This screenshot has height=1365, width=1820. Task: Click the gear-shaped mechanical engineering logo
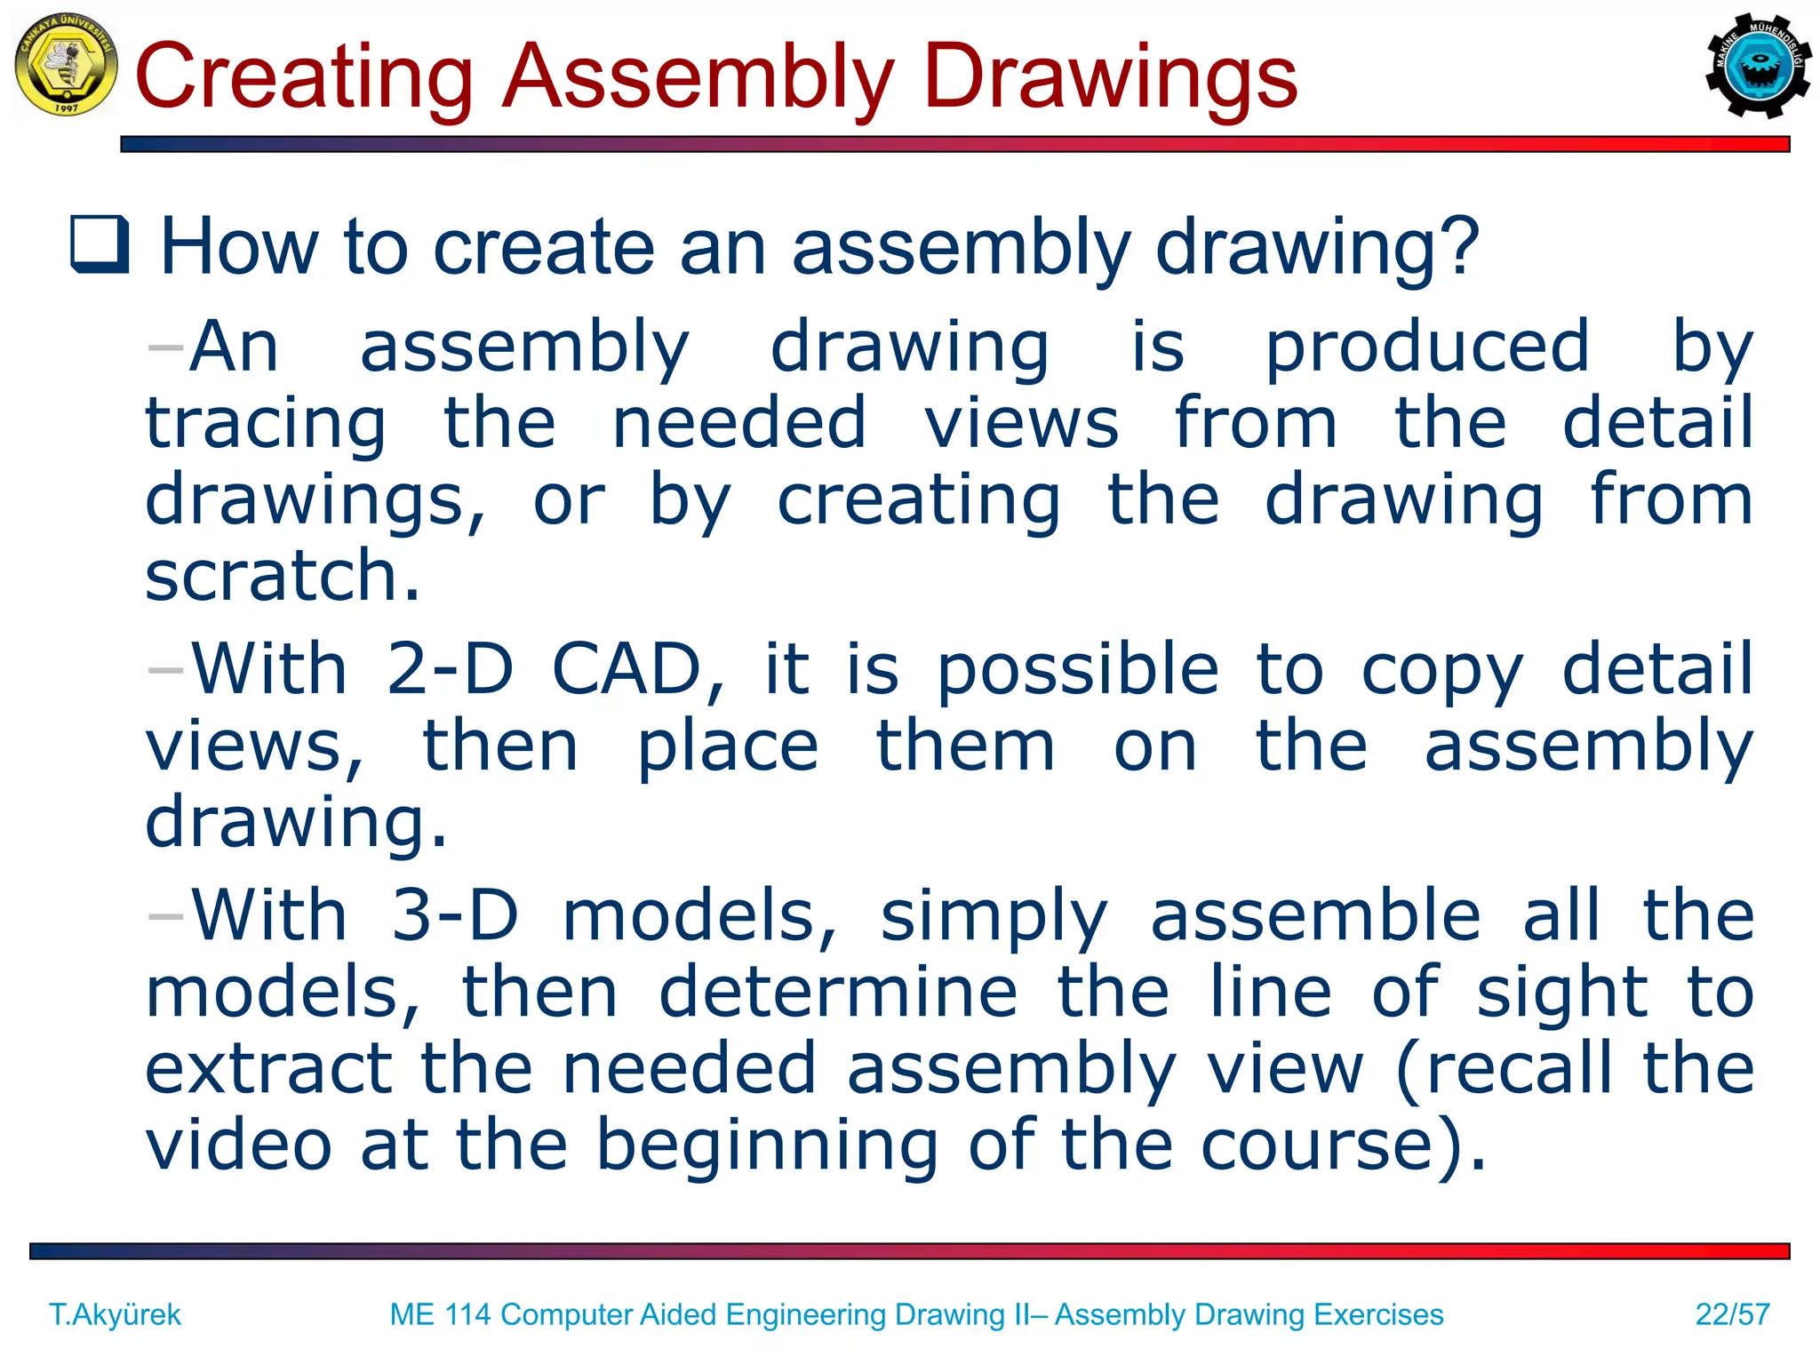tap(1757, 66)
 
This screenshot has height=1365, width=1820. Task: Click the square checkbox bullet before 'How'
tap(100, 244)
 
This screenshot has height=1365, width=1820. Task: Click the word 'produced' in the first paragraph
tap(1426, 348)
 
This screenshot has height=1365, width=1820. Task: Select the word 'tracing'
tap(266, 425)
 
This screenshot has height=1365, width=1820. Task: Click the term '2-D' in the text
tap(450, 669)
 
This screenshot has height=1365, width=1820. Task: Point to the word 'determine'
tap(838, 993)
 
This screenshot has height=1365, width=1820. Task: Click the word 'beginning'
tap(767, 1146)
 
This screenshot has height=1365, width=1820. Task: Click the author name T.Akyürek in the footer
tap(115, 1314)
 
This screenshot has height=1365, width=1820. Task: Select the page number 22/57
tap(1732, 1314)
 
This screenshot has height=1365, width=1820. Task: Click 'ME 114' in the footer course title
tap(440, 1314)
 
